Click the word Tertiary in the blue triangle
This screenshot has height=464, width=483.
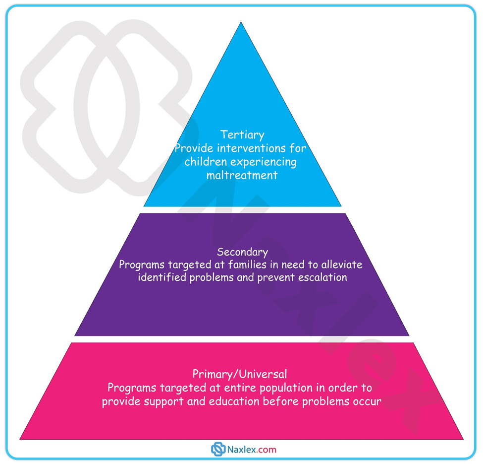click(242, 135)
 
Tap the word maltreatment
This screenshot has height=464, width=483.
click(242, 175)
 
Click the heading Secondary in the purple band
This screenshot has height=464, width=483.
click(242, 252)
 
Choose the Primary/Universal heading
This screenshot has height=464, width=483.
click(240, 374)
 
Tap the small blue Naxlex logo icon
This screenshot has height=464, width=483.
click(218, 450)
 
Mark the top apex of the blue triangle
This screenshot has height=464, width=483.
click(242, 23)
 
